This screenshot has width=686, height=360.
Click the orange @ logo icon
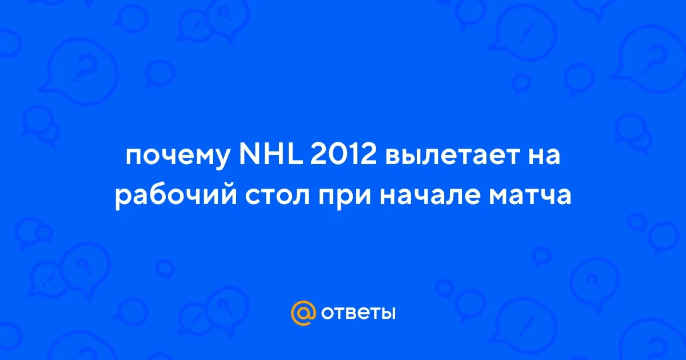point(303,313)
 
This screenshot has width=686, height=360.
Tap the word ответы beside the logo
point(358,314)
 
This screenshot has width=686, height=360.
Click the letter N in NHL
point(249,155)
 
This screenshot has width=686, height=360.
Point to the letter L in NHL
point(296,155)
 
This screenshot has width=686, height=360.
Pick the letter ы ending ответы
point(387,314)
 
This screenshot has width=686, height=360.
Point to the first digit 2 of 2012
point(318,155)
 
